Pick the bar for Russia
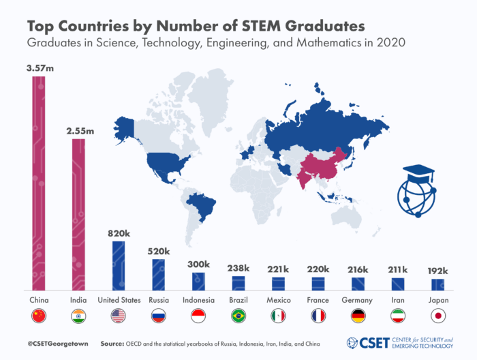158,274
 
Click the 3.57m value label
39,68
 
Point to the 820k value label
119,233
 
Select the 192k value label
437,271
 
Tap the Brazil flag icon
238,316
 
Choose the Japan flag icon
437,316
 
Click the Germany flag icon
357,316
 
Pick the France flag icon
318,316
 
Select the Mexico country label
278,300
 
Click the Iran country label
397,300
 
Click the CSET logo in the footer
369,342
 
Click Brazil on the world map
202,205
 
